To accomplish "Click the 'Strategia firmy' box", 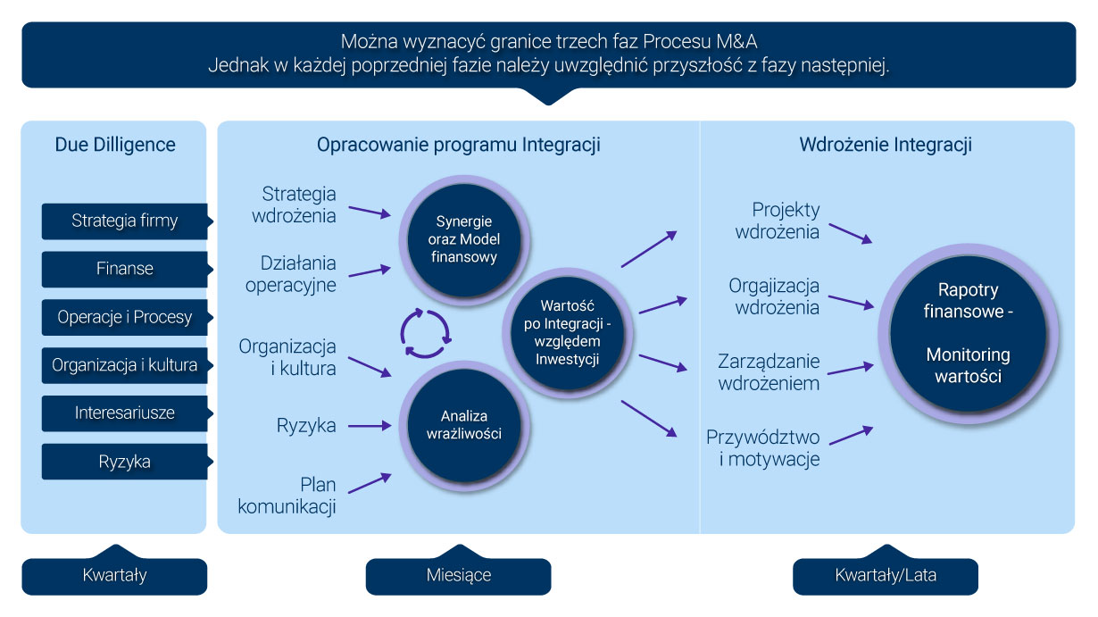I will [x=124, y=221].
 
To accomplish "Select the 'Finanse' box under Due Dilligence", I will [x=124, y=269].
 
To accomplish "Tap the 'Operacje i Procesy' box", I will [x=124, y=317].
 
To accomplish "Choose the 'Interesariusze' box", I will [x=124, y=413].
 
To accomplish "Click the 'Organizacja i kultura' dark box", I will [x=124, y=365].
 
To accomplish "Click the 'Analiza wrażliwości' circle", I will [x=458, y=425].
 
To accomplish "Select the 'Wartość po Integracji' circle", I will [x=567, y=331].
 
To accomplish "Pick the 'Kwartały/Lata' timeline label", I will [x=885, y=576].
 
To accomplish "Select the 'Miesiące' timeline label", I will [x=458, y=576].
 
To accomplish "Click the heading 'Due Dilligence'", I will [x=115, y=145].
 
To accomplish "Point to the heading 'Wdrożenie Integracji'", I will [x=886, y=145].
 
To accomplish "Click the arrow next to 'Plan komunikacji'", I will [x=368, y=483].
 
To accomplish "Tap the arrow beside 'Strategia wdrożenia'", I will [x=369, y=212].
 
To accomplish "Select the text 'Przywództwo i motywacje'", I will [x=762, y=448].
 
